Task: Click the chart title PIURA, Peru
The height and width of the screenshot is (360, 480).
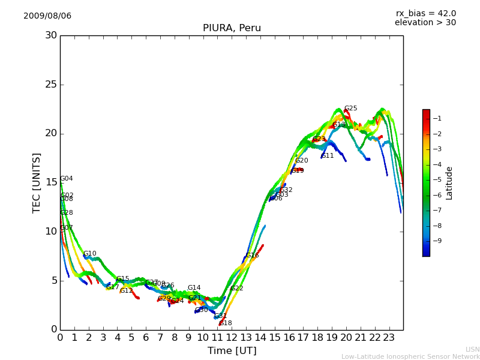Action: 232,28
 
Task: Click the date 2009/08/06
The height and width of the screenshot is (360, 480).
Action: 47,16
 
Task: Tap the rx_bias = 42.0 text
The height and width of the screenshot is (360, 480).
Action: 425,14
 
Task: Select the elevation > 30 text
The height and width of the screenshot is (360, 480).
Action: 425,23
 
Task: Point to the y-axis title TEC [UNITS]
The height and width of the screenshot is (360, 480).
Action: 37,182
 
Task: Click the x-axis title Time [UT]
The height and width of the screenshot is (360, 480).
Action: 232,351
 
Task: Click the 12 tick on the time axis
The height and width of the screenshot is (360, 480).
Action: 232,338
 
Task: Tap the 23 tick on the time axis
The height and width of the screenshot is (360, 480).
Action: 389,338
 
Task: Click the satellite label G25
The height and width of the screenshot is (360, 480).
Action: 350,109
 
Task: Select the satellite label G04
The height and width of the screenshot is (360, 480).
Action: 66,179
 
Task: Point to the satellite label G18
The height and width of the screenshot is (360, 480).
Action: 226,323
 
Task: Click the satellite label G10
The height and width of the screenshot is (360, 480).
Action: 89,254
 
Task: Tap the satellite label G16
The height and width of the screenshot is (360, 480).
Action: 252,256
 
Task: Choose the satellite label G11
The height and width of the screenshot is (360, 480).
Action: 328,156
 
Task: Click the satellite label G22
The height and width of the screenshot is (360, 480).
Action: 236,289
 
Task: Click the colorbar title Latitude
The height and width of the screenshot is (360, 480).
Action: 449,183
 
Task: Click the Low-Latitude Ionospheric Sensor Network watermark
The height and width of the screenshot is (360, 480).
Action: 410,357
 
